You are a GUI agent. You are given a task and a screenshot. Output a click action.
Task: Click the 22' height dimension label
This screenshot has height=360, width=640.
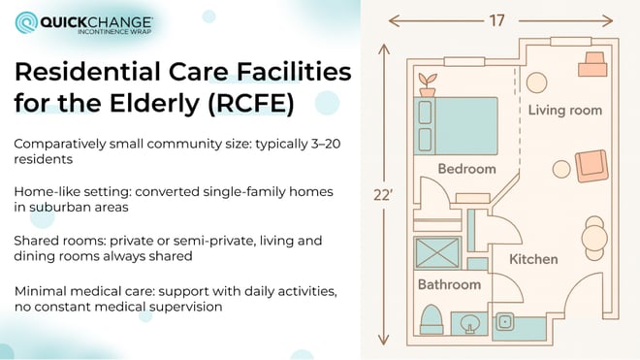(x=386, y=194)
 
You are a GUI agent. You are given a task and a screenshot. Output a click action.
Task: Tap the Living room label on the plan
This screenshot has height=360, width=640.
(x=563, y=110)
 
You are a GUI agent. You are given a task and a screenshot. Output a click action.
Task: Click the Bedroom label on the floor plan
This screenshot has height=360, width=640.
(x=466, y=169)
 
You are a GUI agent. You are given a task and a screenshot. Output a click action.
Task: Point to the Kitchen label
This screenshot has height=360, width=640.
(x=533, y=259)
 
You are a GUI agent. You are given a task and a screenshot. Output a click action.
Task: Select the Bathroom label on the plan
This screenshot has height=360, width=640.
(x=448, y=284)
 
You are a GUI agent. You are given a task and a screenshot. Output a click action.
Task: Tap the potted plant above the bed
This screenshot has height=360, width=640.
(x=425, y=83)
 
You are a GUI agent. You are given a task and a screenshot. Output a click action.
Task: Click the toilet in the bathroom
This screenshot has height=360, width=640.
(x=432, y=318)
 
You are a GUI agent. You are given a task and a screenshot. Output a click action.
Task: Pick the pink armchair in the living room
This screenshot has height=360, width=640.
(x=591, y=166)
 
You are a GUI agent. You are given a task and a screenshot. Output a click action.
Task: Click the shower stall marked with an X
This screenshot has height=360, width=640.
(x=436, y=253)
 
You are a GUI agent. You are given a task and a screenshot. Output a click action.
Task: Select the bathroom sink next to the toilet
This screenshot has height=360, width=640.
(x=468, y=321)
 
